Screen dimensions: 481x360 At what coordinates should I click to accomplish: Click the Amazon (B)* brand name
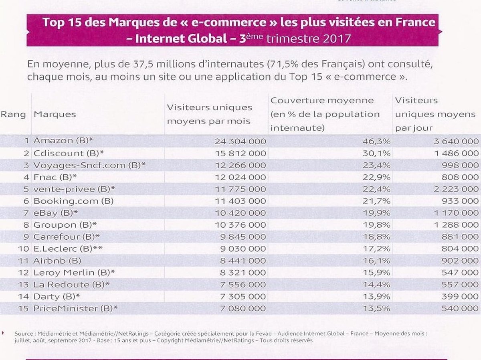click(63, 140)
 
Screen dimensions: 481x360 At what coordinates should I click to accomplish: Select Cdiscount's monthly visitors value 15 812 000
click(240, 154)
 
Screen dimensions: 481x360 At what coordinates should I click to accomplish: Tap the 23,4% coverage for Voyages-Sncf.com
click(376, 165)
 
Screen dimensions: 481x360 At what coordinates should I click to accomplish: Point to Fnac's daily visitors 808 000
click(460, 177)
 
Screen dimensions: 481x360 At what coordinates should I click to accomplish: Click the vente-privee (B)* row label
click(74, 189)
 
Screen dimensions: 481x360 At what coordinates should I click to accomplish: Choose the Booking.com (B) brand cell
click(73, 201)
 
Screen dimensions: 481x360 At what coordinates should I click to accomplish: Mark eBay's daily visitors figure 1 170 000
click(457, 213)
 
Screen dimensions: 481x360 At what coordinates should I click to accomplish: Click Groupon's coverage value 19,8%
click(376, 225)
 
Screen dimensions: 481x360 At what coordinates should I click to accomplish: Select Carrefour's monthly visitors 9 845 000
click(243, 237)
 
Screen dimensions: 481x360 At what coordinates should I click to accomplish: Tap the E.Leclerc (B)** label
click(68, 249)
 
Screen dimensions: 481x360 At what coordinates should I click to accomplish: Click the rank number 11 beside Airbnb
click(24, 261)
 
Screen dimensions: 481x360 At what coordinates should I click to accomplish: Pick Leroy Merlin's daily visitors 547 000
click(460, 273)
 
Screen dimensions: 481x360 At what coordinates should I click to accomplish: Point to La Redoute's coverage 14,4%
click(376, 285)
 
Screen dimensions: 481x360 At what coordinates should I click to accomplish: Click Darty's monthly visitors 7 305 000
click(243, 296)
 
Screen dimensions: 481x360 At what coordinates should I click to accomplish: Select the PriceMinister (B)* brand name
click(75, 309)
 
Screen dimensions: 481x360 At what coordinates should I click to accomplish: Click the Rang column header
click(13, 115)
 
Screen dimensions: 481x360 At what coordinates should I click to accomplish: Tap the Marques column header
click(55, 114)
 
